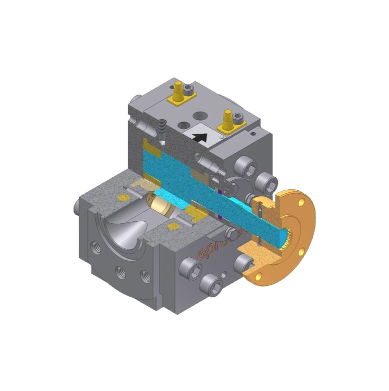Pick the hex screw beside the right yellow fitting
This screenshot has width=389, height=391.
click(238, 118)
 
